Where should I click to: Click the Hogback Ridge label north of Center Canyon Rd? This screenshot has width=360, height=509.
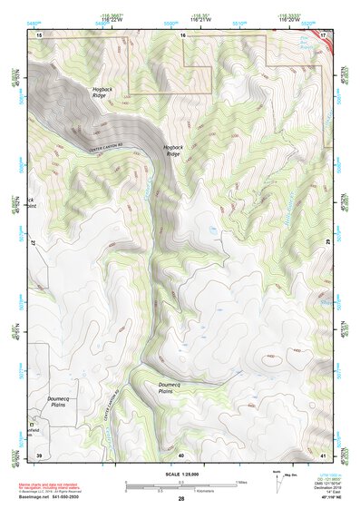point(103,92)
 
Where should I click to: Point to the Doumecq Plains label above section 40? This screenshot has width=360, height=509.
point(172,387)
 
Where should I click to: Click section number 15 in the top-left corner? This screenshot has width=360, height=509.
point(39,34)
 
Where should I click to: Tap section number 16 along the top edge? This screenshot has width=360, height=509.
point(182,34)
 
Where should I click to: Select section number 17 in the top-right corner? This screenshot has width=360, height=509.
point(324,34)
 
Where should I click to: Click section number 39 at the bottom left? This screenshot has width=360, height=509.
point(39,454)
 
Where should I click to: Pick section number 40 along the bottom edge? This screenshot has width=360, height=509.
point(181,454)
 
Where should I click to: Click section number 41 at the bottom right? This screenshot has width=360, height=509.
point(324,454)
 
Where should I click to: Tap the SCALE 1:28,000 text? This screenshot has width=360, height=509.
point(181,474)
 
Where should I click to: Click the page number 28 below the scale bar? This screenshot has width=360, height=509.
point(181,499)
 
